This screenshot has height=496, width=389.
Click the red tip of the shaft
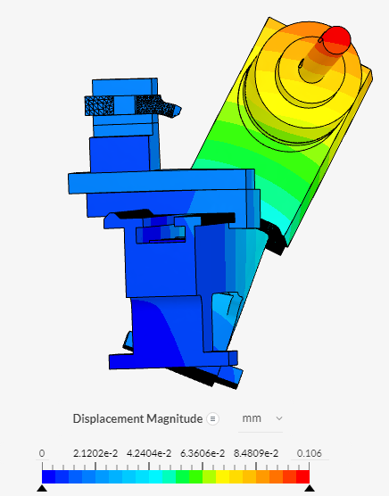[336, 39]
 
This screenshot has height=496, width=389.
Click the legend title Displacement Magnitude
[137, 418]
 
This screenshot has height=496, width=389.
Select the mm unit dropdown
[261, 418]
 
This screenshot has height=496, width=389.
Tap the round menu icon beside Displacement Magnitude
[213, 418]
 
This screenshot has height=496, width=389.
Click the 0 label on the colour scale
[42, 453]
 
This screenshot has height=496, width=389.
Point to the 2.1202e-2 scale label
[95, 453]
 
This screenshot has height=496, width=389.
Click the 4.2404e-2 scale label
[149, 453]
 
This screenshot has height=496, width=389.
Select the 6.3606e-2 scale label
[203, 453]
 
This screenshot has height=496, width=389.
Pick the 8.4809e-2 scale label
[256, 453]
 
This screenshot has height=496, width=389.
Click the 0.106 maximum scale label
[309, 453]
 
